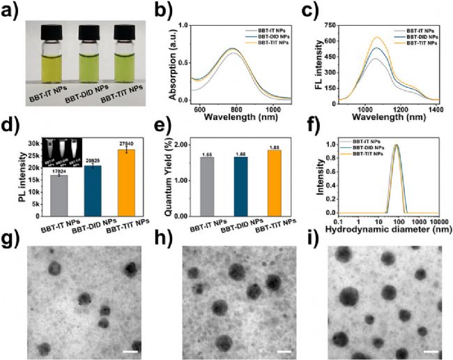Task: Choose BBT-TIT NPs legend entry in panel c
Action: point(417,43)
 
